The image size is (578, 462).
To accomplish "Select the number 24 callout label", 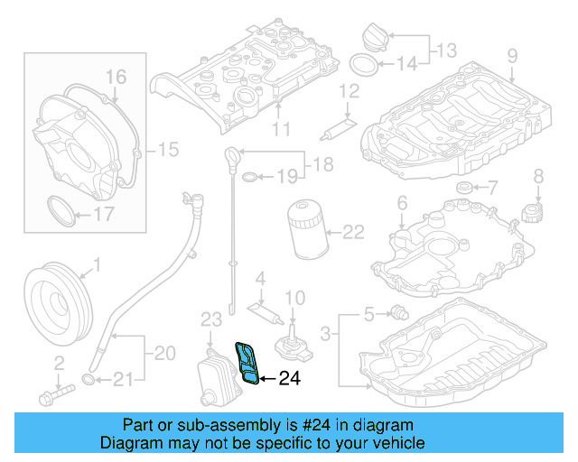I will (x=288, y=379).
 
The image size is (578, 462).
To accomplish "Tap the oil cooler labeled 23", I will (x=216, y=373).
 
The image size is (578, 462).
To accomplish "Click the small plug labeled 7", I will (x=464, y=188).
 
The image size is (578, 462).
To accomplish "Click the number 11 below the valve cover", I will (x=281, y=129).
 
